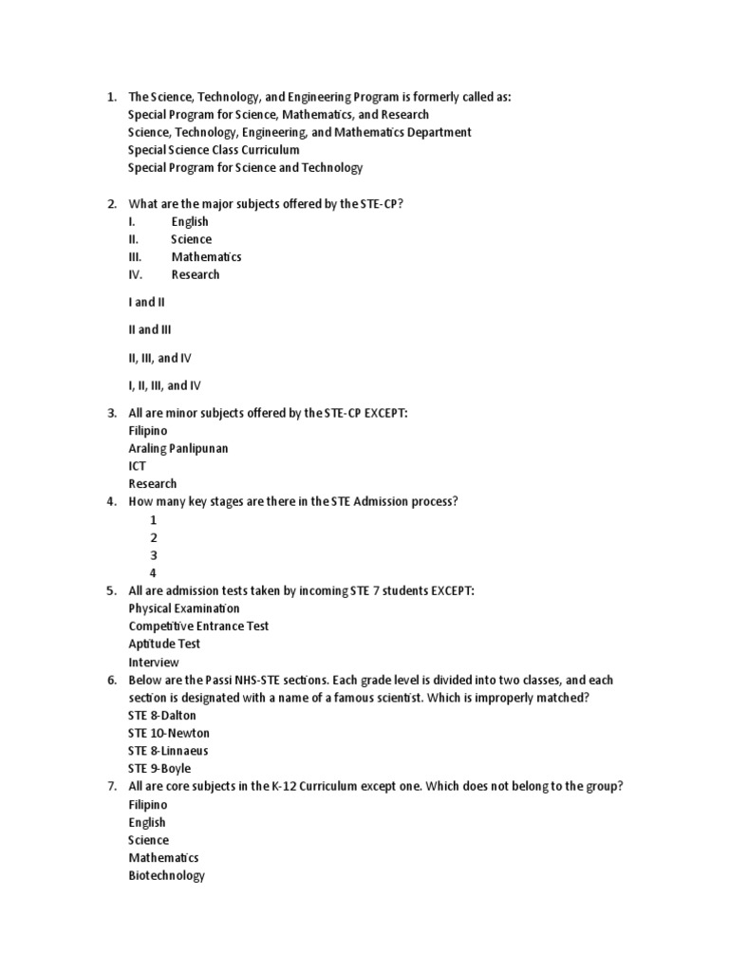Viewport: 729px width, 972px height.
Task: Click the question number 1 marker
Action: click(x=111, y=97)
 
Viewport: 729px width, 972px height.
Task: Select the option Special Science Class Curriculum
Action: click(x=214, y=150)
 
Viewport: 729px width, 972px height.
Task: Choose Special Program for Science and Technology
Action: click(x=245, y=168)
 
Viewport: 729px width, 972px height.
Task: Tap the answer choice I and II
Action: click(x=147, y=302)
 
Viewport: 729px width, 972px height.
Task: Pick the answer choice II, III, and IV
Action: click(x=165, y=358)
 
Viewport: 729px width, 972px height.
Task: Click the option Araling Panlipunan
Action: click(x=178, y=448)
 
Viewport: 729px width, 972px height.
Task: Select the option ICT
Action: click(x=138, y=466)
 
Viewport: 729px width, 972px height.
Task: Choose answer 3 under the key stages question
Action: click(x=154, y=555)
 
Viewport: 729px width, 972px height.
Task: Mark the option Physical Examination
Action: click(x=184, y=608)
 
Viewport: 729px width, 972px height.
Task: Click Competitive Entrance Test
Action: click(x=198, y=626)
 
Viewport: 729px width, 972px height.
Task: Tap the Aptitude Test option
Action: click(x=164, y=645)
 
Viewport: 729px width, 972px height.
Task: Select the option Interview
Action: click(x=154, y=663)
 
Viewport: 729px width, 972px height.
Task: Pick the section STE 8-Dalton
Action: click(x=162, y=716)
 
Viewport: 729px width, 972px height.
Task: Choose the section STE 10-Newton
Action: click(x=169, y=734)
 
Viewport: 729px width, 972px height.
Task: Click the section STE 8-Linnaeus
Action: click(x=168, y=751)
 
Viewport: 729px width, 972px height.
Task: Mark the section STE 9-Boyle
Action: click(x=159, y=769)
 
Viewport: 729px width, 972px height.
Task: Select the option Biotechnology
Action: click(x=166, y=876)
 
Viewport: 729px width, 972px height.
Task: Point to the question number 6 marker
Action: click(x=111, y=681)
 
